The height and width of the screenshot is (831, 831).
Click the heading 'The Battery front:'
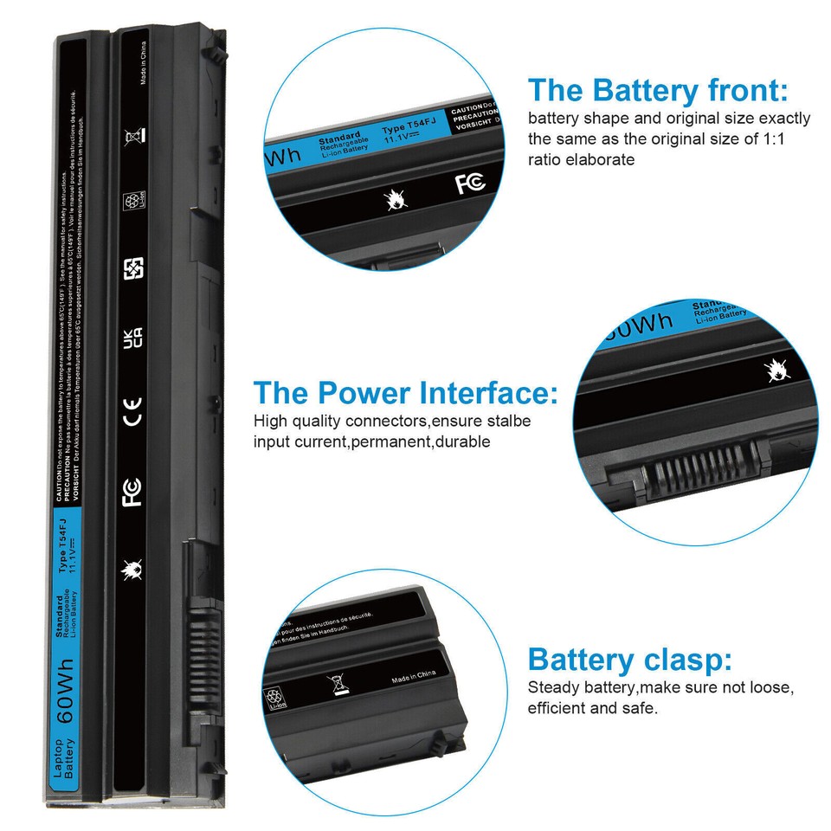click(x=658, y=90)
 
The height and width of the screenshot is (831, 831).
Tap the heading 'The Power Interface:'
click(x=405, y=394)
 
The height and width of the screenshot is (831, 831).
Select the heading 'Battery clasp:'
click(x=629, y=660)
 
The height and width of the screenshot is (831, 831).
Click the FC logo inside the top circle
click(x=470, y=183)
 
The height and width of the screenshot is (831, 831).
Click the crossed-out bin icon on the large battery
click(x=132, y=136)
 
